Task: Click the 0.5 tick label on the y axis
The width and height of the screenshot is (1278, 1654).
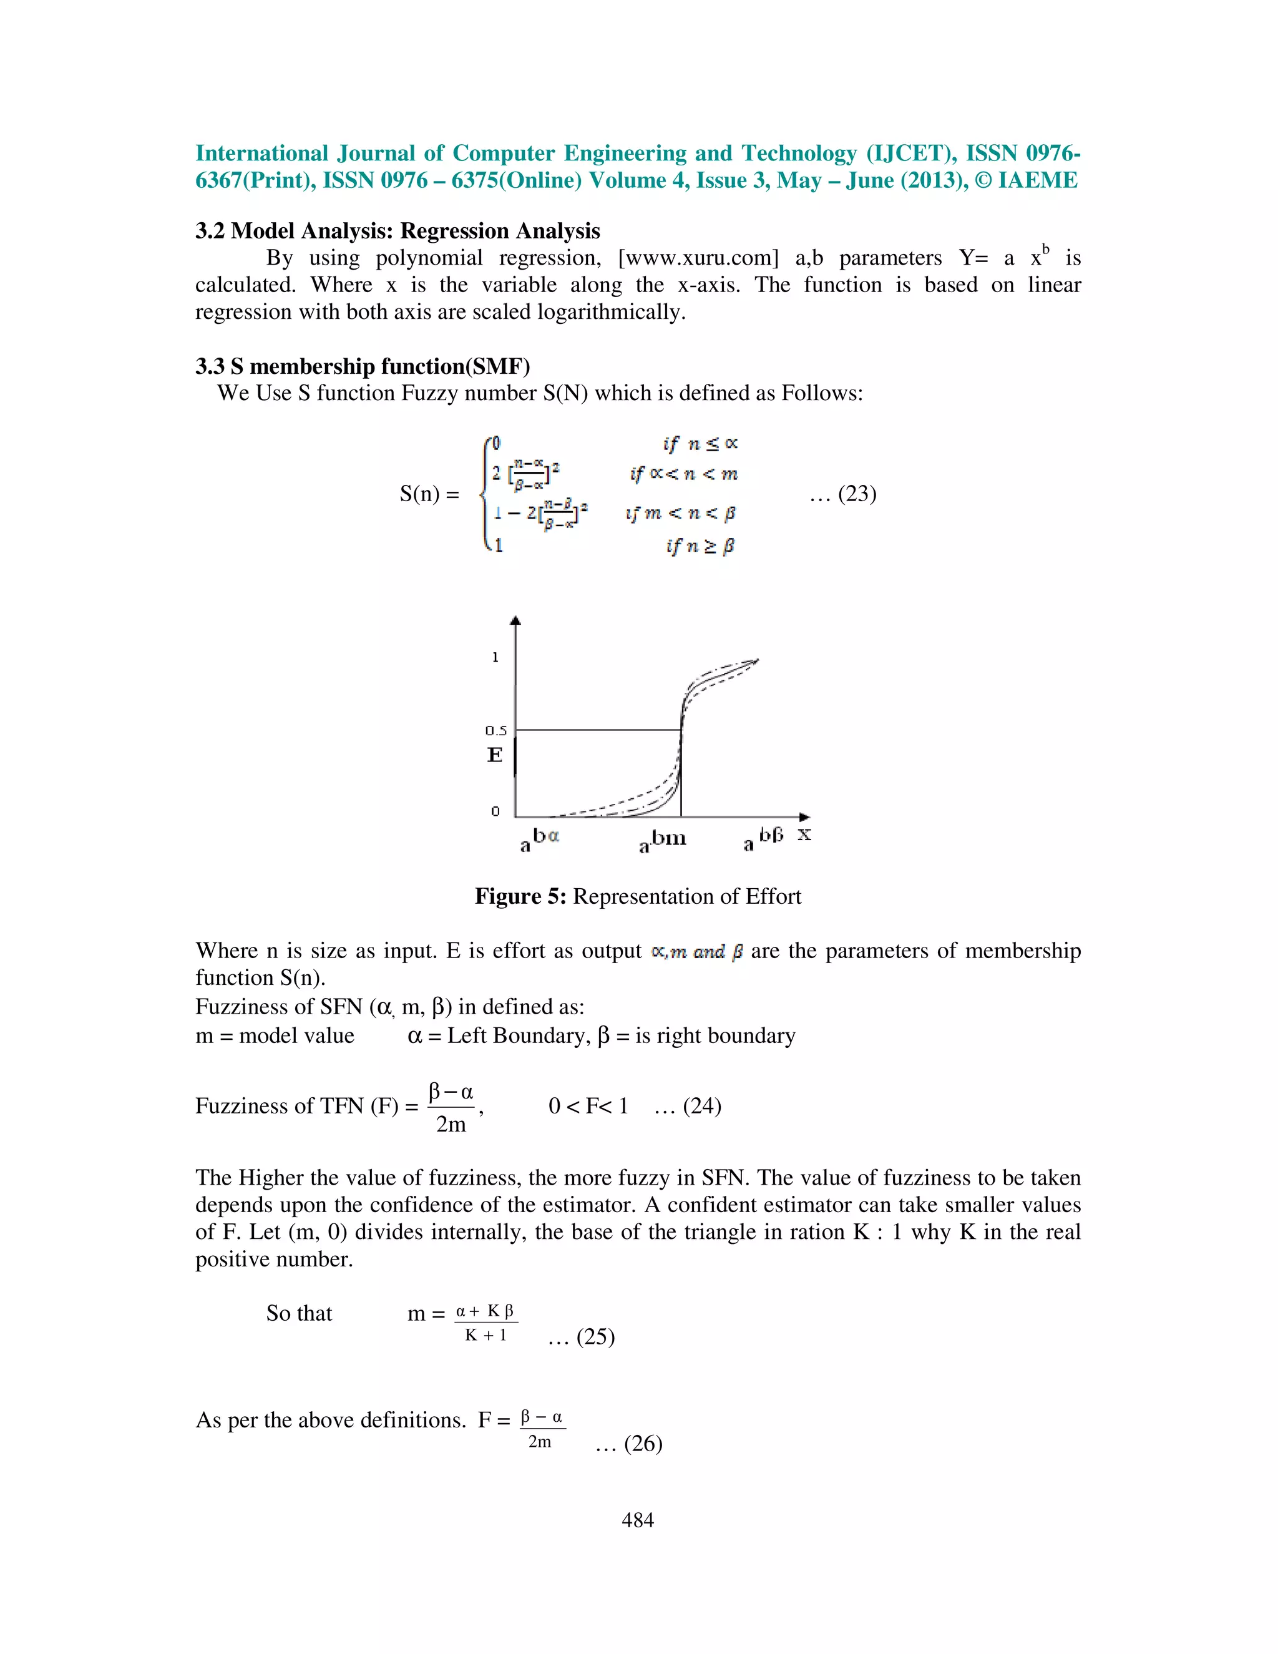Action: pyautogui.click(x=496, y=730)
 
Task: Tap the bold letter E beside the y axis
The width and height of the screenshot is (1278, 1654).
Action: pyautogui.click(x=494, y=755)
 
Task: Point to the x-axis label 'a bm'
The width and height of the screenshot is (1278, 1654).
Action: pyautogui.click(x=663, y=840)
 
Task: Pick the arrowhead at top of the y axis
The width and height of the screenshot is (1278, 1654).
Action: pyautogui.click(x=515, y=620)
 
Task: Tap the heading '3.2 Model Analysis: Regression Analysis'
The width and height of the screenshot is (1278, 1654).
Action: pyautogui.click(x=398, y=230)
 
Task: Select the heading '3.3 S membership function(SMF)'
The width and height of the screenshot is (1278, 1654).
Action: pyautogui.click(x=362, y=366)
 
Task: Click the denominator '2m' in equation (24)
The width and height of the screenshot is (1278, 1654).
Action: pyautogui.click(x=451, y=1125)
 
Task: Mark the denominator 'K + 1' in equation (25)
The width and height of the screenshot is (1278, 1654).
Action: pyautogui.click(x=485, y=1335)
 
